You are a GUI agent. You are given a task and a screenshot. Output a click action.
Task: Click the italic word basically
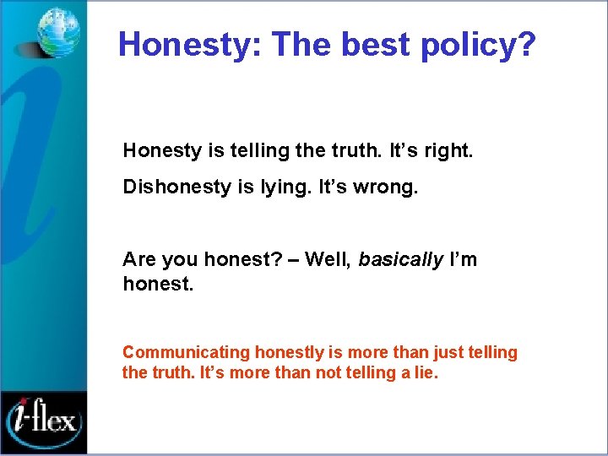click(400, 259)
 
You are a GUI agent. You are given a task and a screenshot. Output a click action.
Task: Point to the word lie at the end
click(424, 372)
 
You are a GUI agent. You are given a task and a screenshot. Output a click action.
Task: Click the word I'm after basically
click(464, 259)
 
